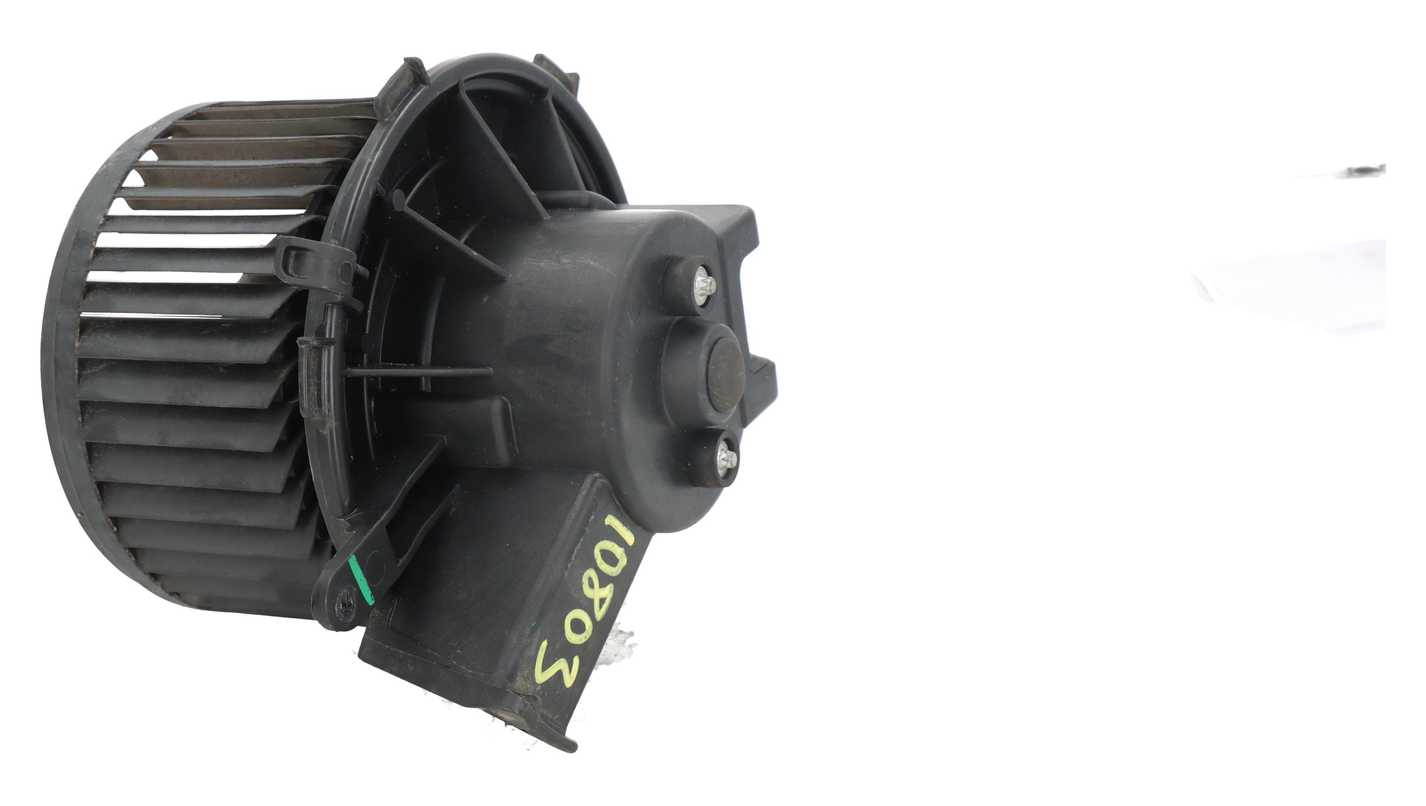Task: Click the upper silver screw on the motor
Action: coord(705,285)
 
